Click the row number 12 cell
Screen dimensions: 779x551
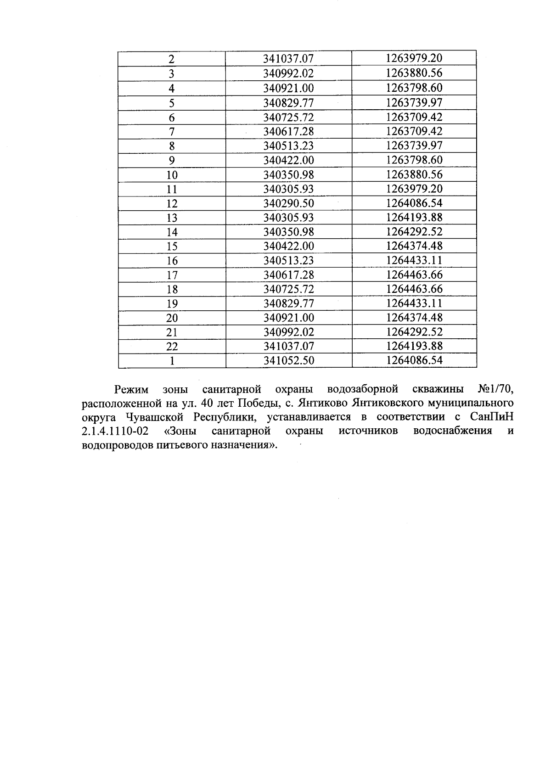click(172, 203)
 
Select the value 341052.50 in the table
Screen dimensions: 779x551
click(289, 361)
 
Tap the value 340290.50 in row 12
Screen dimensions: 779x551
click(289, 203)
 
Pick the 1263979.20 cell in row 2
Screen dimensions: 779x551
click(414, 59)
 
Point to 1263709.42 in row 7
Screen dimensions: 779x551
click(414, 131)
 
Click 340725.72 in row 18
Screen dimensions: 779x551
click(289, 289)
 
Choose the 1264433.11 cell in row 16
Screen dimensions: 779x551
click(414, 260)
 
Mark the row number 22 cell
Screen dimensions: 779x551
click(172, 347)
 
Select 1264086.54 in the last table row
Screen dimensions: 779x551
click(414, 360)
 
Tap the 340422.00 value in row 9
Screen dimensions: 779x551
click(289, 160)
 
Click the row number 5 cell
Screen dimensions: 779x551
click(172, 102)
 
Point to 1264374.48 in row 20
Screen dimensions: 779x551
click(414, 318)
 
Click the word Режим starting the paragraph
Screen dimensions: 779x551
click(131, 390)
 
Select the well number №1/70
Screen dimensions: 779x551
click(495, 390)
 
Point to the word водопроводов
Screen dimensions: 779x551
click(117, 446)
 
